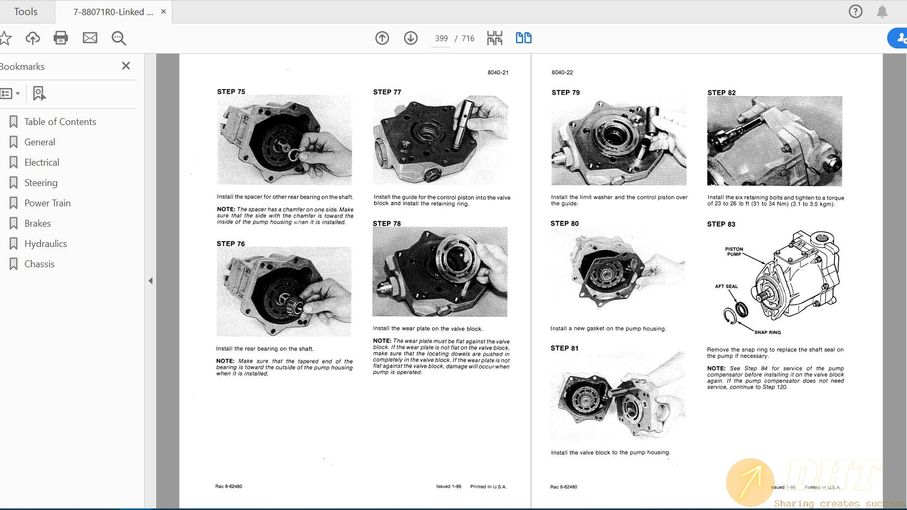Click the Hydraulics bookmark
tap(45, 244)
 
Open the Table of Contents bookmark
tap(60, 122)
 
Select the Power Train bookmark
tap(47, 203)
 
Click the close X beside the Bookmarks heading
tap(125, 66)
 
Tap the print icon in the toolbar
tap(61, 38)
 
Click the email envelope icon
tap(90, 38)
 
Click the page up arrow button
tap(382, 38)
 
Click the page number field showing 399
tap(441, 39)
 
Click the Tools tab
tap(26, 11)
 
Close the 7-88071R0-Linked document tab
tap(163, 11)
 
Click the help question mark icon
tap(855, 11)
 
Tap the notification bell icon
tap(882, 11)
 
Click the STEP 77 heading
tap(387, 92)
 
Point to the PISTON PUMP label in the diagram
tap(734, 252)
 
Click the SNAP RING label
tap(767, 332)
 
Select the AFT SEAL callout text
tap(726, 287)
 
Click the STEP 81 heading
tap(564, 348)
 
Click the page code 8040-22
tap(562, 72)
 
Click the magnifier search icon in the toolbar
tap(119, 38)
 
